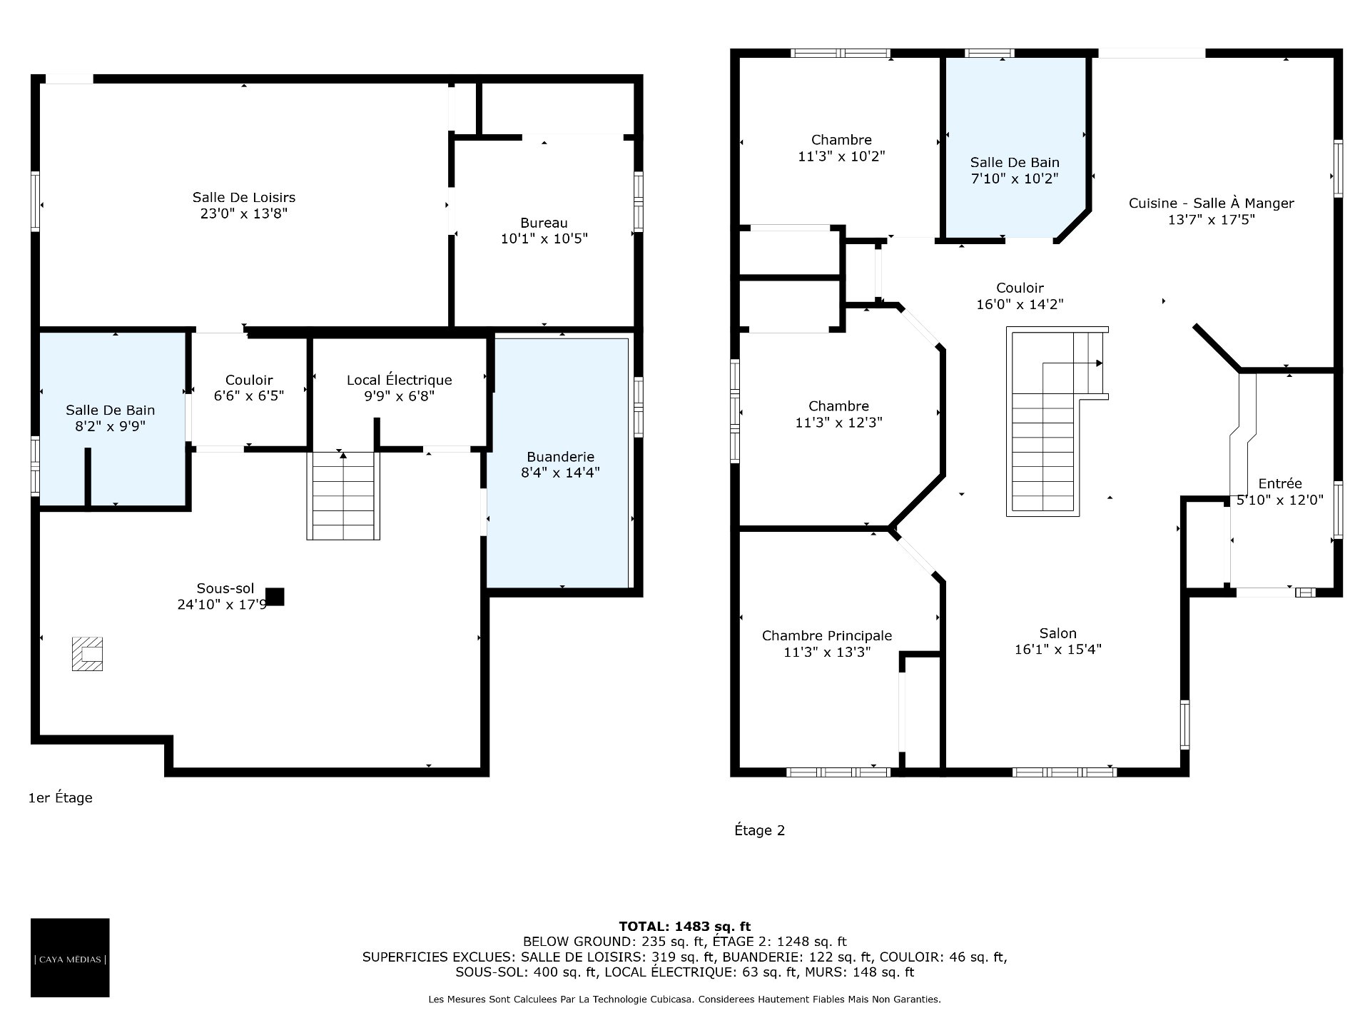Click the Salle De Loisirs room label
coord(243,197)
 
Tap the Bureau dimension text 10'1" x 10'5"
coord(544,238)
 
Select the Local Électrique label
coord(399,380)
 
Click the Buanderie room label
coord(560,456)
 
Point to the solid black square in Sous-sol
coord(275,596)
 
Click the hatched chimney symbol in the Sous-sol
coord(87,653)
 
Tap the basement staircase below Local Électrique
coord(343,495)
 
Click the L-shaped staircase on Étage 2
coord(1057,421)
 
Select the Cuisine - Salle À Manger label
coord(1211,203)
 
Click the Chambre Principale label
coord(827,635)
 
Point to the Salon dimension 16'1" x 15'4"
coord(1058,650)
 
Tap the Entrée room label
coord(1280,483)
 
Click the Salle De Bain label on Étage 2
coord(1015,163)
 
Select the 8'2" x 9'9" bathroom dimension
coord(110,426)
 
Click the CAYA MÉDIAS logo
coord(70,957)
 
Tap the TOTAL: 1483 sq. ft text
coord(684,927)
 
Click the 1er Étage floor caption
coord(60,798)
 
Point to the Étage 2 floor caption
coord(759,830)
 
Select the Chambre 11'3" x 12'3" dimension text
coord(838,423)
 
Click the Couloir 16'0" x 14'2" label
coord(1020,296)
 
